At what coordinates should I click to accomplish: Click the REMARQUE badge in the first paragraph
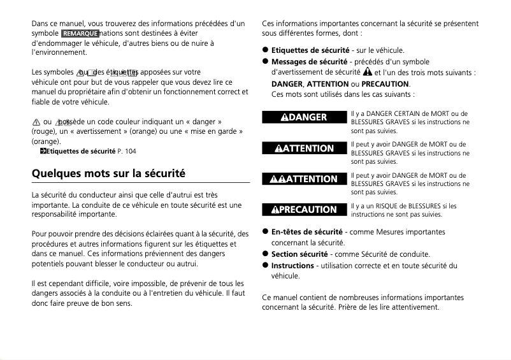tap(80, 33)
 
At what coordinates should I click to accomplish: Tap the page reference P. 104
tap(126, 151)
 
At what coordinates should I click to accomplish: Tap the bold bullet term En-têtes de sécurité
tap(306, 232)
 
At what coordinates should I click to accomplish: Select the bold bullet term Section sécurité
tap(299, 254)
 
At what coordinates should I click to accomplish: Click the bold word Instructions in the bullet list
tap(292, 266)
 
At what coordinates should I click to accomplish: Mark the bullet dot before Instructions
tap(265, 266)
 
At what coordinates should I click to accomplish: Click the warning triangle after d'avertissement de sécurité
tap(368, 72)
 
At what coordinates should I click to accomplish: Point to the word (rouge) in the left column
tap(44, 131)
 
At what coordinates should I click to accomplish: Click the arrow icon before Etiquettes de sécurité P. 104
tap(43, 151)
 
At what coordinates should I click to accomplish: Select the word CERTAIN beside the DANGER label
tap(408, 113)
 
